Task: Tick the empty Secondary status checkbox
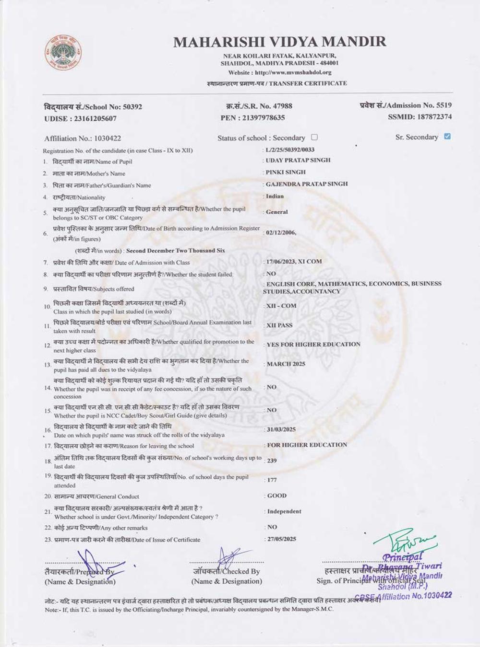314,138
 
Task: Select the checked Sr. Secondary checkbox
447,137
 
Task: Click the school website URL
293,73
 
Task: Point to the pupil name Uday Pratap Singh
298,161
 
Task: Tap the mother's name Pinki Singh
286,172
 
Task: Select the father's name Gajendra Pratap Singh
307,184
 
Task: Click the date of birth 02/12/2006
281,232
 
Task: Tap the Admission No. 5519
443,105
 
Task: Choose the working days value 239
272,461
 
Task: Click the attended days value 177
272,480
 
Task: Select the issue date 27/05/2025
282,539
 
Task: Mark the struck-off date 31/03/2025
281,429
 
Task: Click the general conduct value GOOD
277,496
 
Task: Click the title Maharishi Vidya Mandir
279,42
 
